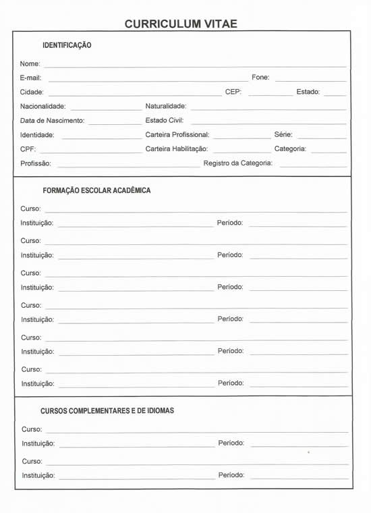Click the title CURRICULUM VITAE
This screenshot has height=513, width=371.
pyautogui.click(x=181, y=24)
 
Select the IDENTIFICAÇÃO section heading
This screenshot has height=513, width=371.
pyautogui.click(x=67, y=45)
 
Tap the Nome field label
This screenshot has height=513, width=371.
pyautogui.click(x=30, y=63)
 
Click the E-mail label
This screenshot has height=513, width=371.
pyautogui.click(x=31, y=78)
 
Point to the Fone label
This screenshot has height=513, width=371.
pyautogui.click(x=260, y=77)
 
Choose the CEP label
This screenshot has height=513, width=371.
pyautogui.click(x=233, y=92)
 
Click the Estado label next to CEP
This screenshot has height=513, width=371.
pyautogui.click(x=308, y=92)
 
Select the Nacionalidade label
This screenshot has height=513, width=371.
pyautogui.click(x=42, y=107)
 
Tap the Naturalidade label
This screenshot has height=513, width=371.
pyautogui.click(x=165, y=106)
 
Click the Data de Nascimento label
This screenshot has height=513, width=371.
pyautogui.click(x=52, y=121)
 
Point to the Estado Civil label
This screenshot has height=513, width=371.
pyautogui.click(x=164, y=120)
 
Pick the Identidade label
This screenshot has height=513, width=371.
pyautogui.click(x=37, y=135)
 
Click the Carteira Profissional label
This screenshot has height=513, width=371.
pyautogui.click(x=177, y=134)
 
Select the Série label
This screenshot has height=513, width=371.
pyautogui.click(x=283, y=134)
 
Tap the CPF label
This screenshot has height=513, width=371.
pyautogui.click(x=28, y=149)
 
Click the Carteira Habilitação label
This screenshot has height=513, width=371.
pyautogui.click(x=176, y=148)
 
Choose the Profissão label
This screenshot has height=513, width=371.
pyautogui.click(x=36, y=163)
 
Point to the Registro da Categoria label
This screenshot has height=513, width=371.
pyautogui.click(x=237, y=163)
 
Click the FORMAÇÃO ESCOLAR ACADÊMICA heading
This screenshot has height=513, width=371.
pyautogui.click(x=96, y=190)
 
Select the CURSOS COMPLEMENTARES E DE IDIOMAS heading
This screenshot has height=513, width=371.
pyautogui.click(x=107, y=410)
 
